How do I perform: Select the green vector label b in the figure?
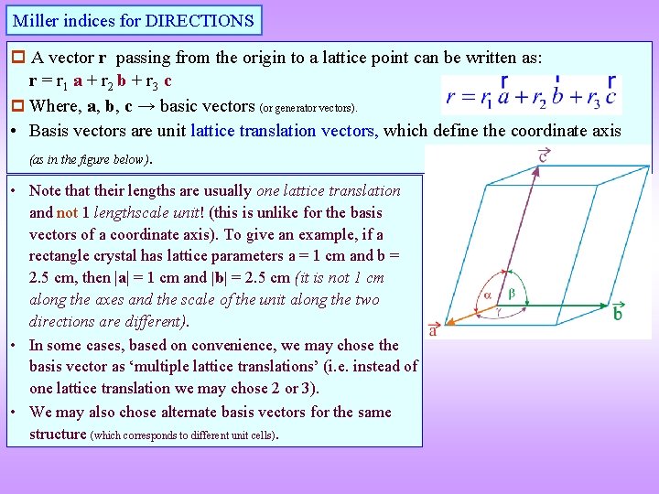pyautogui.click(x=618, y=313)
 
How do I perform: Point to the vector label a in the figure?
pyautogui.click(x=433, y=330)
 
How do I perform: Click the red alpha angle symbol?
pyautogui.click(x=488, y=294)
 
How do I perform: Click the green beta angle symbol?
pyautogui.click(x=512, y=294)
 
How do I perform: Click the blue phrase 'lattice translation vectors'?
pyautogui.click(x=283, y=131)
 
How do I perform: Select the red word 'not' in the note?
pyautogui.click(x=68, y=212)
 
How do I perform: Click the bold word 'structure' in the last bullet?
pyautogui.click(x=58, y=434)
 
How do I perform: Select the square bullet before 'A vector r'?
pyautogui.click(x=16, y=58)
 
